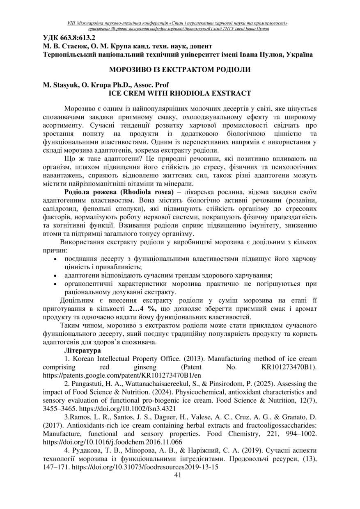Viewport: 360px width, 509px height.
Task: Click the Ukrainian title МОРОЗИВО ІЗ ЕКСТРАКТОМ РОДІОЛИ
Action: pos(179,70)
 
